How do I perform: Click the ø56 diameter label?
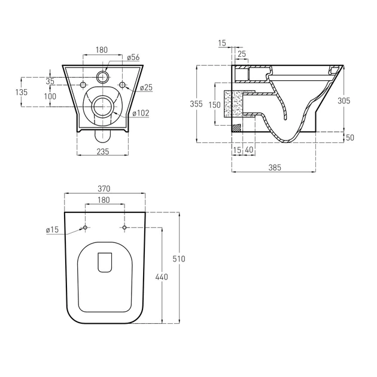click(x=133, y=57)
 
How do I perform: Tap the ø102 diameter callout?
click(x=141, y=113)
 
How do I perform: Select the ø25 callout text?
click(x=146, y=87)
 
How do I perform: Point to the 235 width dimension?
click(x=103, y=151)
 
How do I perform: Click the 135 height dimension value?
click(x=22, y=92)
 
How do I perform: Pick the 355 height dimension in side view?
click(x=196, y=104)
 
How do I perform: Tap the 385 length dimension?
click(x=274, y=168)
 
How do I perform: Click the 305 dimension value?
click(x=344, y=101)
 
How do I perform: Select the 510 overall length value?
click(x=179, y=259)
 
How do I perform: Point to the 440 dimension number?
click(x=162, y=277)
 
